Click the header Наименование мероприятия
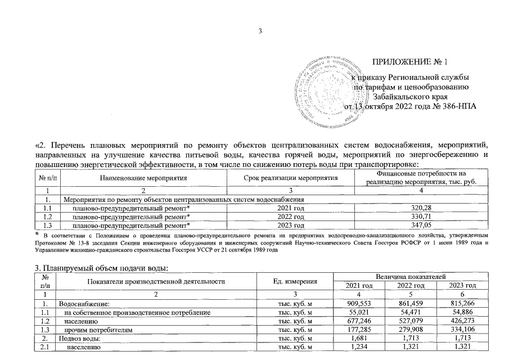[x=143, y=178]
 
